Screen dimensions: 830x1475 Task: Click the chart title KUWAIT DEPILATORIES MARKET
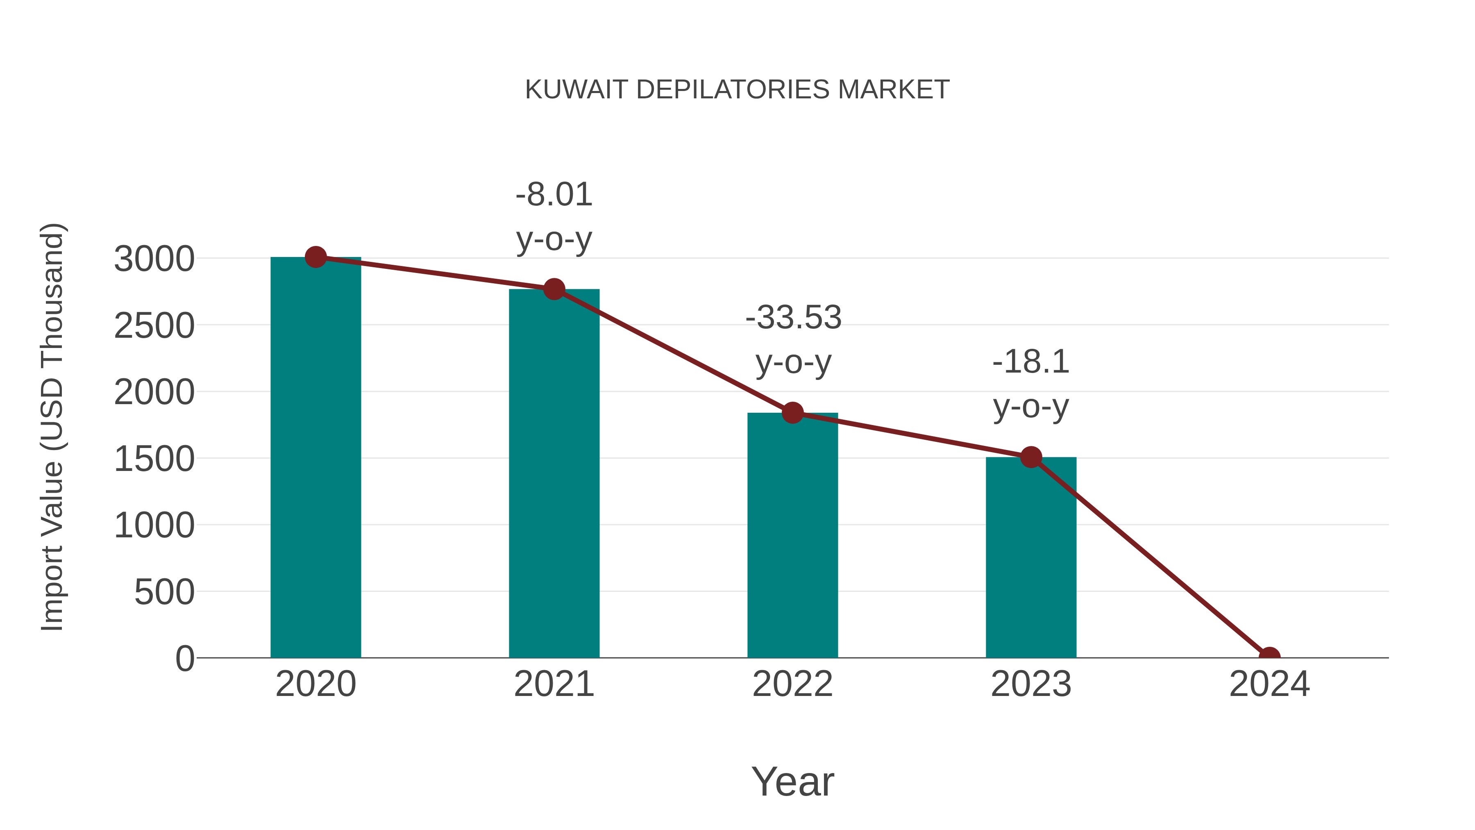click(737, 90)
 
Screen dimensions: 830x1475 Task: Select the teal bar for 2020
click(315, 458)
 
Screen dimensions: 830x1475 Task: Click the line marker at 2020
click(315, 257)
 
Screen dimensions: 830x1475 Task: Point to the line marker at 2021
click(554, 289)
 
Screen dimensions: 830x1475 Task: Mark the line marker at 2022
click(792, 412)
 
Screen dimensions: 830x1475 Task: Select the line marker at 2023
click(1031, 457)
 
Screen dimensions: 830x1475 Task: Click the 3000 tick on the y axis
click(154, 259)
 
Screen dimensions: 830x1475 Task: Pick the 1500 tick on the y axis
click(154, 459)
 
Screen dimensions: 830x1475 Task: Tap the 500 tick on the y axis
click(164, 592)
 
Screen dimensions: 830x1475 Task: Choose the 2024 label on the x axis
click(1269, 684)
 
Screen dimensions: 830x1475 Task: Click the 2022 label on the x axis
click(792, 684)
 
